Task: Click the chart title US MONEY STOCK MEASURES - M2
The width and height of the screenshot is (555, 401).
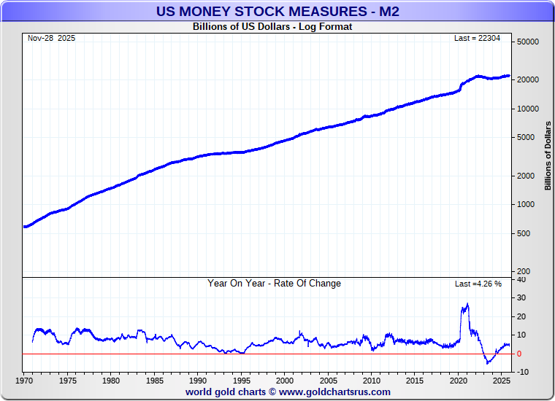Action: click(277, 11)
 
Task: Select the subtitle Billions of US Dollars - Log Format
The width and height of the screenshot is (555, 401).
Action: click(272, 27)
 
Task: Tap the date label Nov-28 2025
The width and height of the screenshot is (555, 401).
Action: click(51, 38)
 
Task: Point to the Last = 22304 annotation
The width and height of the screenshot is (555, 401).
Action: click(478, 38)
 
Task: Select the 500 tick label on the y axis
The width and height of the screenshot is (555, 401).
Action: click(531, 233)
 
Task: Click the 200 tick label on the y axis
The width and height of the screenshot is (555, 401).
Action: click(531, 271)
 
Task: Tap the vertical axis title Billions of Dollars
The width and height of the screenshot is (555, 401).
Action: click(547, 156)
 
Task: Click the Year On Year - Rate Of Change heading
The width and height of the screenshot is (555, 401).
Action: click(274, 284)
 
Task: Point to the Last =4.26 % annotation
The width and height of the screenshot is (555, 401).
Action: click(478, 284)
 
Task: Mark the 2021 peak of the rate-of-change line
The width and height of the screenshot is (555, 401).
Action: click(467, 304)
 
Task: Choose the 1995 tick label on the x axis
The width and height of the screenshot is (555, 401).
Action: click(241, 381)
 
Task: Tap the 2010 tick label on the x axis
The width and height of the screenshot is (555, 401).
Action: click(371, 381)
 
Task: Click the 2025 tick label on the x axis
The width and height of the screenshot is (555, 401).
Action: click(501, 381)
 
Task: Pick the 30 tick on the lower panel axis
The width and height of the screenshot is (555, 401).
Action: click(521, 297)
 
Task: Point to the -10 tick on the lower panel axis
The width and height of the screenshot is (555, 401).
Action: click(523, 373)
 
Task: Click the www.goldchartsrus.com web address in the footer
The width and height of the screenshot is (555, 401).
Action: click(334, 392)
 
